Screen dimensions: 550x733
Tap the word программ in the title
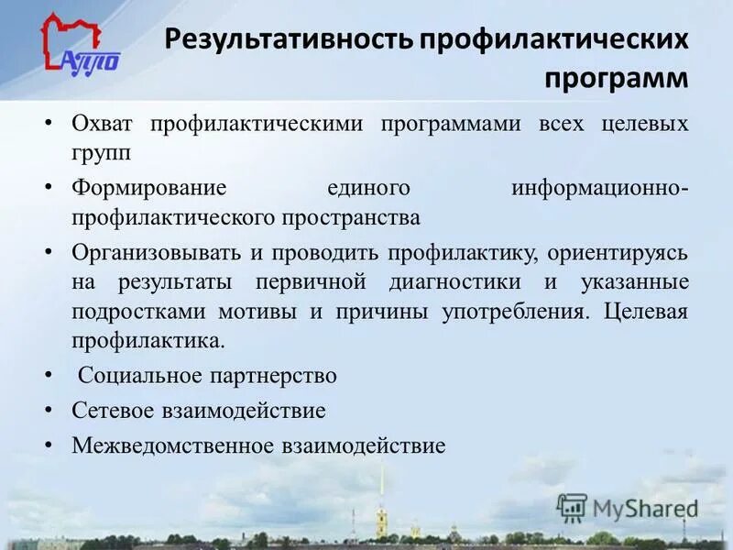point(616,79)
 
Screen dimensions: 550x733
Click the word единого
point(367,188)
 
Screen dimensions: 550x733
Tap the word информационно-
point(599,188)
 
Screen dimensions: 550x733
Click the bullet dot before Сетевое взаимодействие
point(48,411)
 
